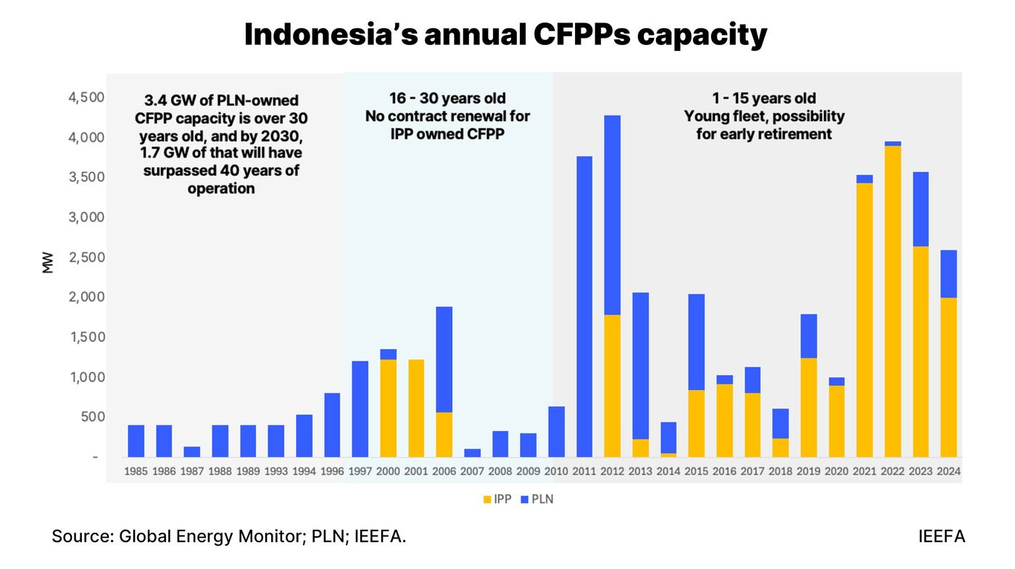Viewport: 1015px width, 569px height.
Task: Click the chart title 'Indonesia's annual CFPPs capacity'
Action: point(505,35)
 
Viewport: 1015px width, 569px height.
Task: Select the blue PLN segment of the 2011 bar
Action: point(584,305)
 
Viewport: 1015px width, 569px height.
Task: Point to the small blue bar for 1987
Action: point(192,451)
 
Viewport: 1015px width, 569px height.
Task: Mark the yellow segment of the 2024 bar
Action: point(948,377)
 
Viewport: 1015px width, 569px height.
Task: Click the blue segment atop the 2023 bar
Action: point(920,209)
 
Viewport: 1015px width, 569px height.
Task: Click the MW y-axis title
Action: point(49,265)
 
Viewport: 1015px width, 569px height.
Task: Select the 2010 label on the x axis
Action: point(556,471)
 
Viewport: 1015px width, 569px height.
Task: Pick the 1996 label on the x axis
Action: point(333,471)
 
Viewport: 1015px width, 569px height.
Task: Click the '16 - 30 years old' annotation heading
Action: point(447,98)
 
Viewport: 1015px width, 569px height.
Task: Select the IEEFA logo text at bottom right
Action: point(941,537)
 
